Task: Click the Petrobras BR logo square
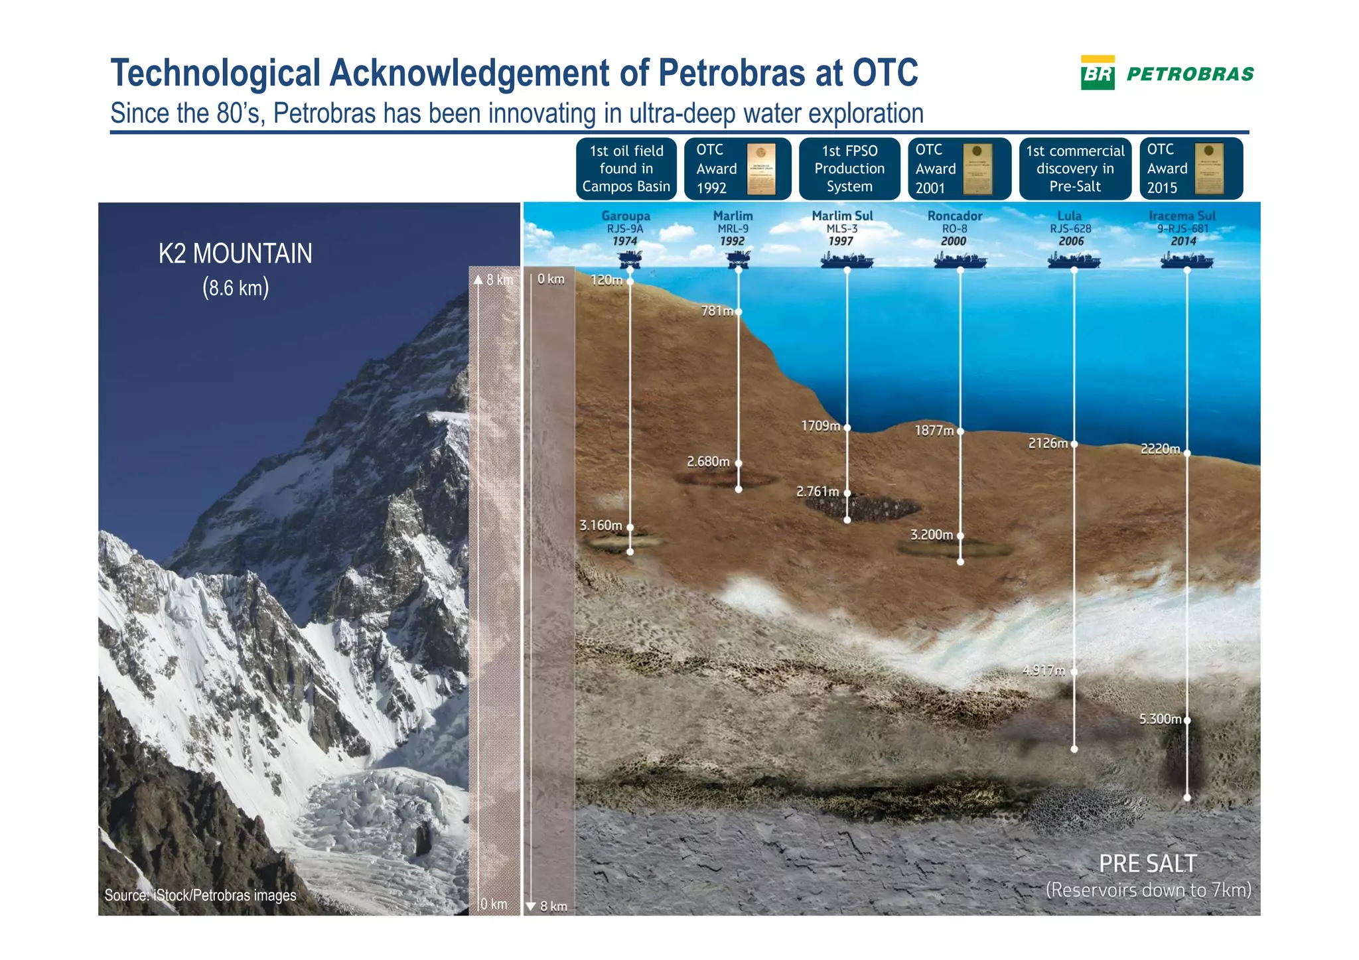(x=1098, y=73)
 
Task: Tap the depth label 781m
(x=717, y=310)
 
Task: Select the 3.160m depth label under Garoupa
(x=601, y=525)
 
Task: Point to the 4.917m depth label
(x=1043, y=671)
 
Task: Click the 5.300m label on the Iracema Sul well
(x=1160, y=719)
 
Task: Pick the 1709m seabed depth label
(x=820, y=426)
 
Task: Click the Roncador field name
(x=954, y=216)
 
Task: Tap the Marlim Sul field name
(x=842, y=216)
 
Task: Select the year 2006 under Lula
(x=1071, y=241)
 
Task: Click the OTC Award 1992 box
(x=737, y=169)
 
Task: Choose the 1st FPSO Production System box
(x=849, y=169)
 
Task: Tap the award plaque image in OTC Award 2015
(x=1208, y=169)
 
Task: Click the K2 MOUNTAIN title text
(x=235, y=253)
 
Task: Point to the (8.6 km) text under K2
(x=235, y=288)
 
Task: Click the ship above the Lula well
(x=1074, y=260)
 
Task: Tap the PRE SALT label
(x=1148, y=864)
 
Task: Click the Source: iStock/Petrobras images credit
(x=200, y=895)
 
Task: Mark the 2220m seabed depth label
(x=1160, y=449)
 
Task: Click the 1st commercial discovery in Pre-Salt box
(x=1075, y=169)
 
